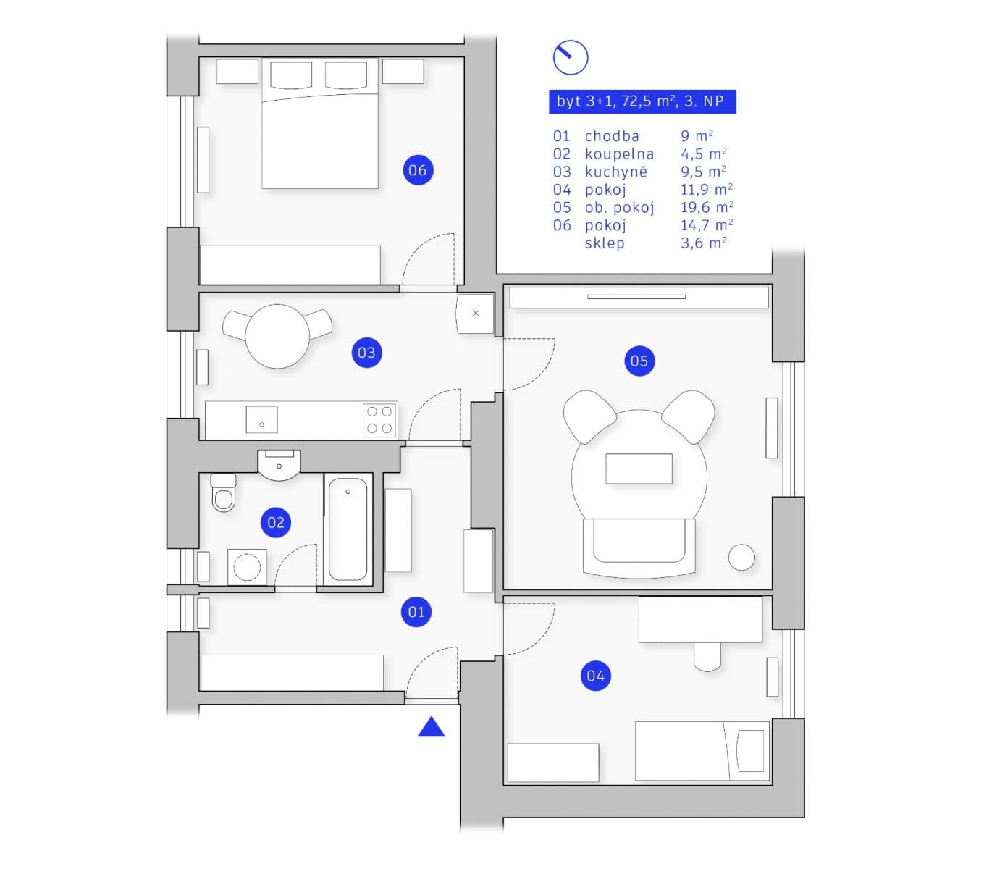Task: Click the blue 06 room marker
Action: tap(417, 170)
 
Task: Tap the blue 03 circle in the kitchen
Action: tap(366, 353)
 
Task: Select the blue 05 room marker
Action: tap(639, 361)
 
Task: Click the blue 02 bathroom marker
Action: tap(276, 522)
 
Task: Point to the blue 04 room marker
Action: tap(595, 676)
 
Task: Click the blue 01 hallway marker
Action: tap(416, 612)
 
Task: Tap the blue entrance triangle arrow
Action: tap(432, 727)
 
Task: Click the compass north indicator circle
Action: tap(570, 57)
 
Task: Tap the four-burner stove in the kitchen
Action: tap(379, 420)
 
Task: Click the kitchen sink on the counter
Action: tap(261, 419)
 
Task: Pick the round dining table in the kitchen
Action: tap(277, 336)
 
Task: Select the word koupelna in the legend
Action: tap(619, 154)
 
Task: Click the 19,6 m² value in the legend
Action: tap(706, 208)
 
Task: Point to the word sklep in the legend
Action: tap(605, 243)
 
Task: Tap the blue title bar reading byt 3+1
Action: tap(642, 101)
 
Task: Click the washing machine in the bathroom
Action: tap(247, 567)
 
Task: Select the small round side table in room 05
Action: tap(741, 557)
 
